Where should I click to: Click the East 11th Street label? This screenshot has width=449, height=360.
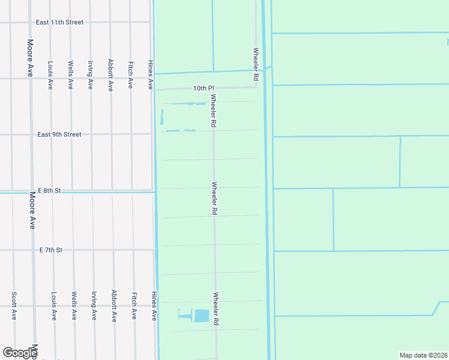(x=59, y=22)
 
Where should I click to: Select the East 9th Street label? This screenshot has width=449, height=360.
(x=59, y=134)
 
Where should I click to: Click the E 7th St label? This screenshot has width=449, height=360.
(x=51, y=250)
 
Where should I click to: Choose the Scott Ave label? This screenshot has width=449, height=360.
(x=13, y=306)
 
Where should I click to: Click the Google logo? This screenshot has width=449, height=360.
(x=19, y=353)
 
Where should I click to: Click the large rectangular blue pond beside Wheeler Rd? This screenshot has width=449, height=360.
(x=202, y=316)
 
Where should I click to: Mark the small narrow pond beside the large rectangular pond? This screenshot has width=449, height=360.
(x=184, y=314)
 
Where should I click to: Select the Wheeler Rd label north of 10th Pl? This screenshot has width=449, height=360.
(x=256, y=65)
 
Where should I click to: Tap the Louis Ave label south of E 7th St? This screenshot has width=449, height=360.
(x=53, y=306)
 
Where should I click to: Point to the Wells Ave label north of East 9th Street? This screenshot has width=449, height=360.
(x=71, y=75)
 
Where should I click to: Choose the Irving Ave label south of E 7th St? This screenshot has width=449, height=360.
(x=94, y=306)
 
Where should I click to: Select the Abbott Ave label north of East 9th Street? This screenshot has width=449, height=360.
(x=110, y=75)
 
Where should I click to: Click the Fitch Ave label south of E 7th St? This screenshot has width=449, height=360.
(x=134, y=306)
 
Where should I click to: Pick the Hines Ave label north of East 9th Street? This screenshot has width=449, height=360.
(x=151, y=75)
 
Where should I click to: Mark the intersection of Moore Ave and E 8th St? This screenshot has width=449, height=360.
(x=31, y=191)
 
